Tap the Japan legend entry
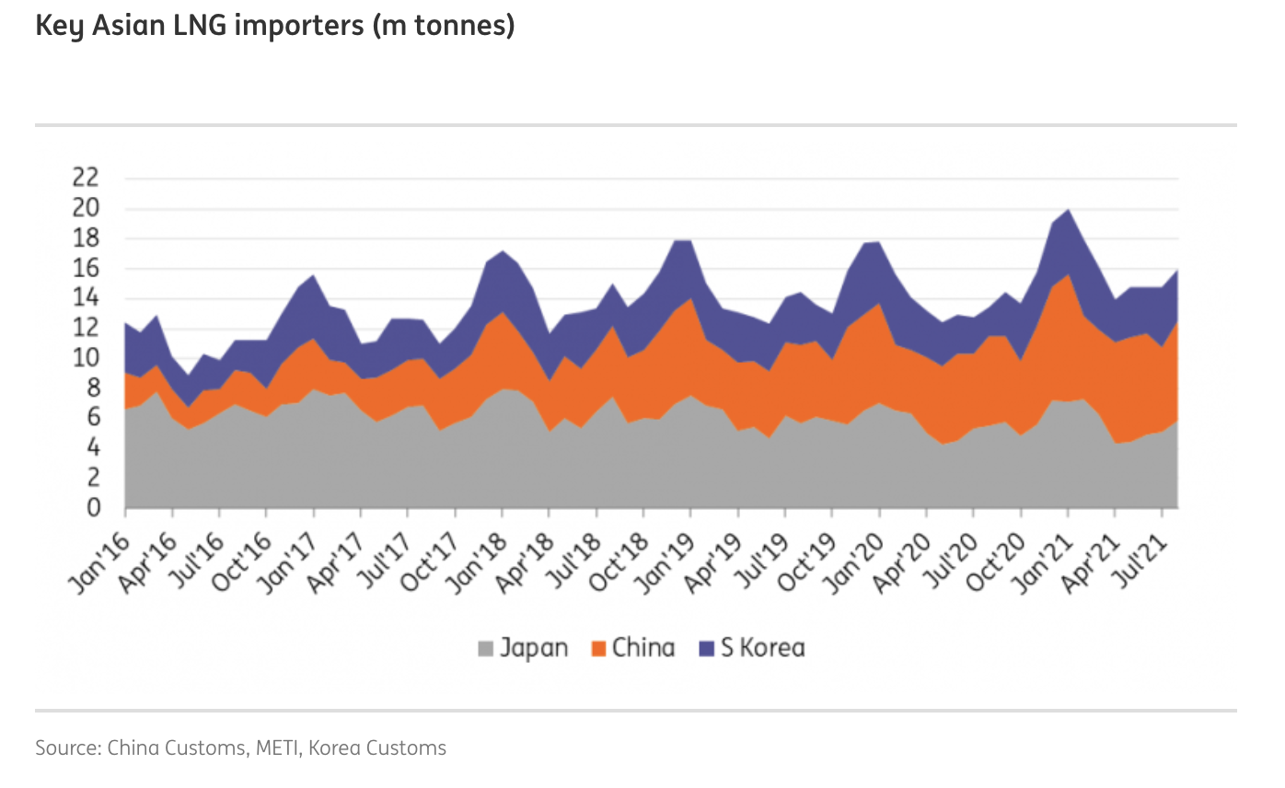(x=533, y=648)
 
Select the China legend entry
(x=643, y=648)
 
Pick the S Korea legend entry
(x=762, y=648)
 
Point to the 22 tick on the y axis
(x=86, y=178)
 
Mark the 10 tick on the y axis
(x=86, y=357)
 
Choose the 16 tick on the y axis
(x=86, y=268)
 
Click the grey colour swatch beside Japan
(x=486, y=649)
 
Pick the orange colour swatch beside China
(x=598, y=649)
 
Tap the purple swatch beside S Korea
(x=707, y=649)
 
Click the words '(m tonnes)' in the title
(x=444, y=27)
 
